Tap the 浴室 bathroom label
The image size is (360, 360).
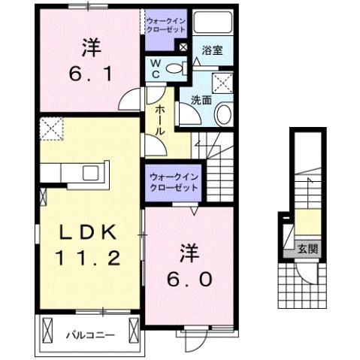tap(213, 53)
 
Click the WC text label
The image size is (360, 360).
tap(155, 69)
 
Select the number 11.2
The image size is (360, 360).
tap(86, 259)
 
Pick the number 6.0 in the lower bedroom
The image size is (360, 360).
tap(190, 279)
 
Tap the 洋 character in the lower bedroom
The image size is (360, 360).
tap(189, 250)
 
